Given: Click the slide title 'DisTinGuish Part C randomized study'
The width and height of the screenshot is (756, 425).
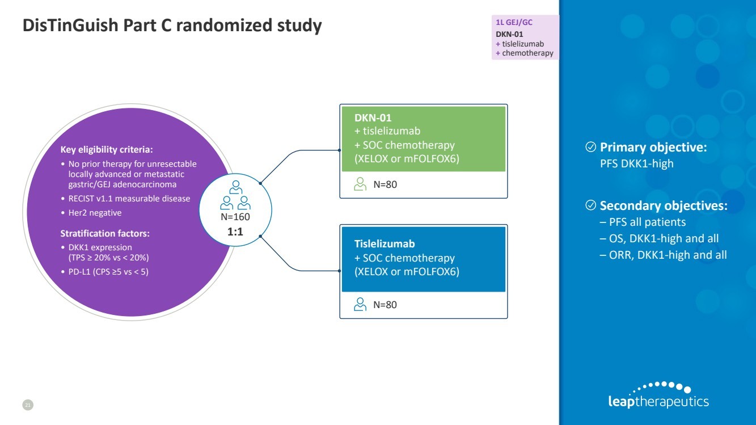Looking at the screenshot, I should point(172,26).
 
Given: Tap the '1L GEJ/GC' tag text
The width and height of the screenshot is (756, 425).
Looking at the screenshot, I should point(514,23).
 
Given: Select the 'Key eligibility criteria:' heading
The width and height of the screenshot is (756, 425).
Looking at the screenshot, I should point(107,150).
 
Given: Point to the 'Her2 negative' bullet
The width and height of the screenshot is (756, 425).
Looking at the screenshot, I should point(94,213).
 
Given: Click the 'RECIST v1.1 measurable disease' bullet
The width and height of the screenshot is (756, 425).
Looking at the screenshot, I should point(129,199).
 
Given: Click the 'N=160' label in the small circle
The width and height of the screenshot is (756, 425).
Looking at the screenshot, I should point(235,217).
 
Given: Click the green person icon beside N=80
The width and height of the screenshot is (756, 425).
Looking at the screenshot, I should point(360,184).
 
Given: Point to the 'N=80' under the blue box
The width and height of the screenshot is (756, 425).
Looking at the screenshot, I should point(385,305).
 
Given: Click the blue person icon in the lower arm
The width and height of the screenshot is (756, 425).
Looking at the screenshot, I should point(360,304).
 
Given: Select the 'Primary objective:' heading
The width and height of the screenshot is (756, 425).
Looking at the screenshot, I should point(653,148).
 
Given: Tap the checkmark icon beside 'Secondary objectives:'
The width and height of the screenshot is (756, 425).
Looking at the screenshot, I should point(590,205).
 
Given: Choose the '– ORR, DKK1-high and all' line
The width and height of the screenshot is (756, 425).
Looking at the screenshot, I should point(663,255).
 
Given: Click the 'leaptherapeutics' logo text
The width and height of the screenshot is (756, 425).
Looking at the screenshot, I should point(658,402).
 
